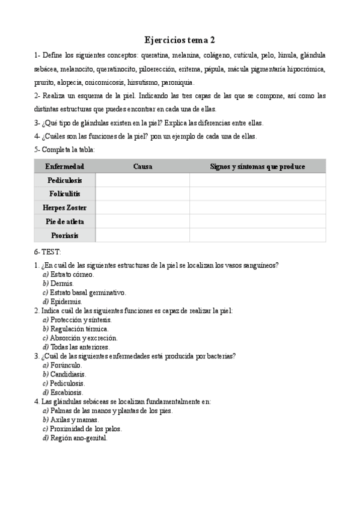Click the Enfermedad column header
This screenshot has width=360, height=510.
coord(64,167)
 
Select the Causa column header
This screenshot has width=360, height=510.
coord(142,167)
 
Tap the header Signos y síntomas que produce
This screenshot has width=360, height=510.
coord(257,167)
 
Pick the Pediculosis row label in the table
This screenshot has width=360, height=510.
coord(64,180)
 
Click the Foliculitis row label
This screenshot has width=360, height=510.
coord(64,194)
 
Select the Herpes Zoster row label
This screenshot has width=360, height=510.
coord(64,207)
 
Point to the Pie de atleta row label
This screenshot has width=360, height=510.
coord(64,221)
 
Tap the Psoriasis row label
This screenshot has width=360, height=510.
coord(64,235)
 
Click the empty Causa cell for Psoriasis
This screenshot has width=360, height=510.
coord(142,235)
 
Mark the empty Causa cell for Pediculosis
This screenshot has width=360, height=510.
coord(142,180)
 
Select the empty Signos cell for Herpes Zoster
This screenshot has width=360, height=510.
coord(257,207)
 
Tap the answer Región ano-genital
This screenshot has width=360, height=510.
coord(79,438)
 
